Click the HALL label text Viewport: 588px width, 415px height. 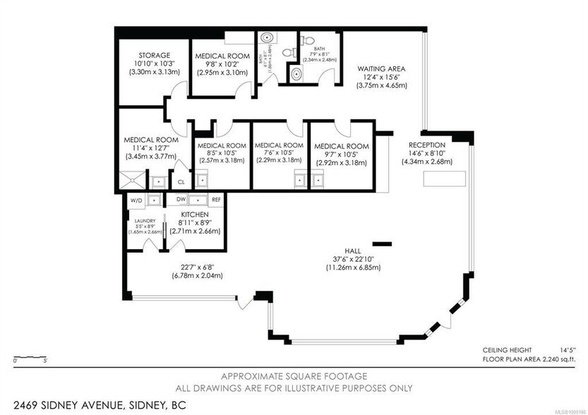pyautogui.click(x=353, y=249)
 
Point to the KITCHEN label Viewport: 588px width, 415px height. pyautogui.click(x=194, y=214)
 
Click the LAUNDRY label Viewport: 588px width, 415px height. pyautogui.click(x=145, y=220)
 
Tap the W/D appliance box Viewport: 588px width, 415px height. pyautogui.click(x=136, y=200)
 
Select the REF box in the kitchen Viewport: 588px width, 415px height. pyautogui.click(x=216, y=200)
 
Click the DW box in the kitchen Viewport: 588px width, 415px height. pyautogui.click(x=181, y=200)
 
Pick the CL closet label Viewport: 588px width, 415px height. pyautogui.click(x=181, y=181)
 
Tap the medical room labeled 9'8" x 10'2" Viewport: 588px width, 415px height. pyautogui.click(x=222, y=56)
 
